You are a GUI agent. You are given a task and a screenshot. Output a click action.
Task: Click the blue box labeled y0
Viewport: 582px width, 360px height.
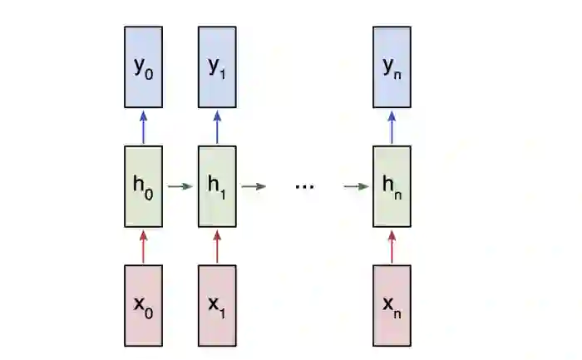tap(144, 67)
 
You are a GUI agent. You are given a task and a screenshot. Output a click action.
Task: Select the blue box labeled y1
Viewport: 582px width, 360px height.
tap(217, 67)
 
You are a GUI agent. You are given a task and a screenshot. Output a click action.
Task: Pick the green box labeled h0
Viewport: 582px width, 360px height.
tap(144, 186)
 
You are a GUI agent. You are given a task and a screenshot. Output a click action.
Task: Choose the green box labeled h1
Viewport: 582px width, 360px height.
tap(217, 186)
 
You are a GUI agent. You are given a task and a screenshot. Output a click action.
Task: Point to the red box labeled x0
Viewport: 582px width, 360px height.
tap(144, 305)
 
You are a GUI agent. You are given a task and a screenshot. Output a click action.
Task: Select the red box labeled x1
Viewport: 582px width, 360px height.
tap(217, 305)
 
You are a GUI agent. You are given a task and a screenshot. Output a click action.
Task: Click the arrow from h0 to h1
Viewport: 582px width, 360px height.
tap(180, 186)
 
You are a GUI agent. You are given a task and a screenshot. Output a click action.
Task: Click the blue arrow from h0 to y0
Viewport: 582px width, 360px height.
tap(144, 127)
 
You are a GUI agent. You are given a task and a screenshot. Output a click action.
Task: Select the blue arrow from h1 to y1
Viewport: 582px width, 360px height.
tap(217, 127)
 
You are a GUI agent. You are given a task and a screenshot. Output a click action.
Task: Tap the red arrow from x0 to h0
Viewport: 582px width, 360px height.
tap(144, 246)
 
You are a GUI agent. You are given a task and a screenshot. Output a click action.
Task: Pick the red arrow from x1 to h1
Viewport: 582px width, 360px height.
tap(217, 246)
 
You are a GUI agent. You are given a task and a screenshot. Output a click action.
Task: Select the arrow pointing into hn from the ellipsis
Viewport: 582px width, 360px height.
tap(356, 186)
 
